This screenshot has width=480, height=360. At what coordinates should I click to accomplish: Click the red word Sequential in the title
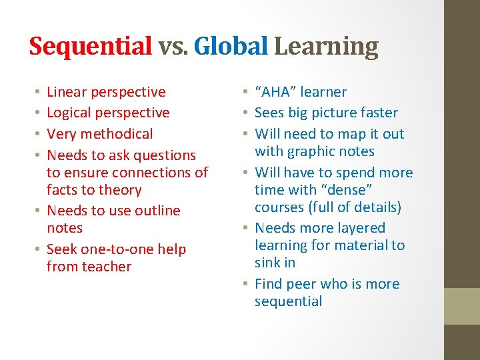[x=91, y=47]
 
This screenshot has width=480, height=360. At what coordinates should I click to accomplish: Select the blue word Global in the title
[x=230, y=47]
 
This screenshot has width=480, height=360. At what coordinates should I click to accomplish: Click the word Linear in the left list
[x=66, y=92]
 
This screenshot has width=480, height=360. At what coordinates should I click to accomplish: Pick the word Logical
[x=69, y=113]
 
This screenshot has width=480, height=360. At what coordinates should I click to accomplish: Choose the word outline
[x=154, y=211]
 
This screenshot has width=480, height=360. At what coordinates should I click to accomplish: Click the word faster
[x=377, y=113]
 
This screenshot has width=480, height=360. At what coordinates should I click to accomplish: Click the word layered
[x=361, y=228]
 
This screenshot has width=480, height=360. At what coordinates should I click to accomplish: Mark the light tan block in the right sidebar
[x=462, y=306]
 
